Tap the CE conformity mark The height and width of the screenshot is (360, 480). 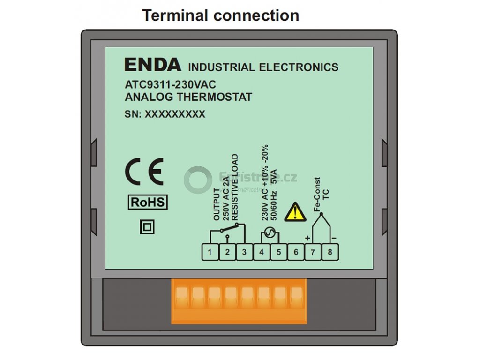point(144,172)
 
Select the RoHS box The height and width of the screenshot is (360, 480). point(148,202)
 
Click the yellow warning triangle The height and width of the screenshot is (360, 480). point(296,211)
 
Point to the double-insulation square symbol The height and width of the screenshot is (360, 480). point(147,227)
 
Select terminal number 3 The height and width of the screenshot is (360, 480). point(244,253)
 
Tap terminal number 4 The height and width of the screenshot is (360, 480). point(262,253)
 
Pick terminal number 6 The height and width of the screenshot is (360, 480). point(296,253)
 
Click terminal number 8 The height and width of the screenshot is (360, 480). point(330,253)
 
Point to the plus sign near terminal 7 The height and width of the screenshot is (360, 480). point(307,238)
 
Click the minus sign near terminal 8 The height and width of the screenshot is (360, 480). point(334,238)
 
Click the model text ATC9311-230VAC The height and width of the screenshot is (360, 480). point(170,85)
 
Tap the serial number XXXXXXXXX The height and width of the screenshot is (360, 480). point(175,114)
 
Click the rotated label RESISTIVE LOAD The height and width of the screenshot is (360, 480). point(235,187)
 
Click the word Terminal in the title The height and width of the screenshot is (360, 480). point(175,15)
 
